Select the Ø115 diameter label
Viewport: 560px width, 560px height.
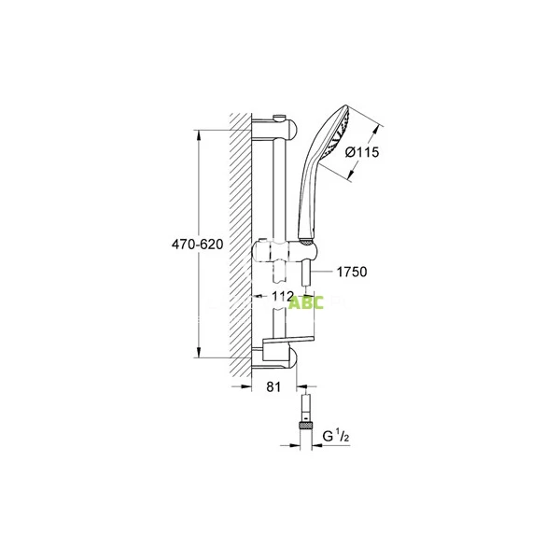(x=363, y=154)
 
